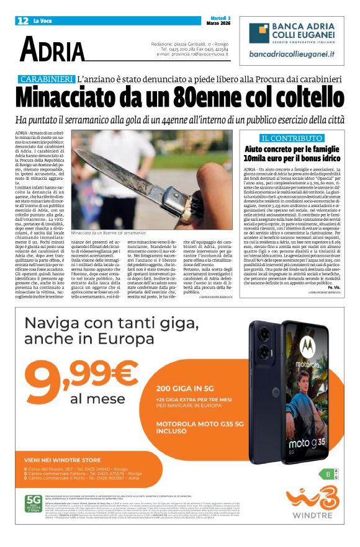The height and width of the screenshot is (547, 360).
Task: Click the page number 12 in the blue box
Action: point(22,20)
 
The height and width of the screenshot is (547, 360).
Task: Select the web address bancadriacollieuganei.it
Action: point(291,54)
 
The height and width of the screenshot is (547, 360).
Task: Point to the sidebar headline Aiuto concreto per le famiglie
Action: point(290,149)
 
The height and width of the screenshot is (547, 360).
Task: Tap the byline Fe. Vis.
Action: point(336,287)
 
